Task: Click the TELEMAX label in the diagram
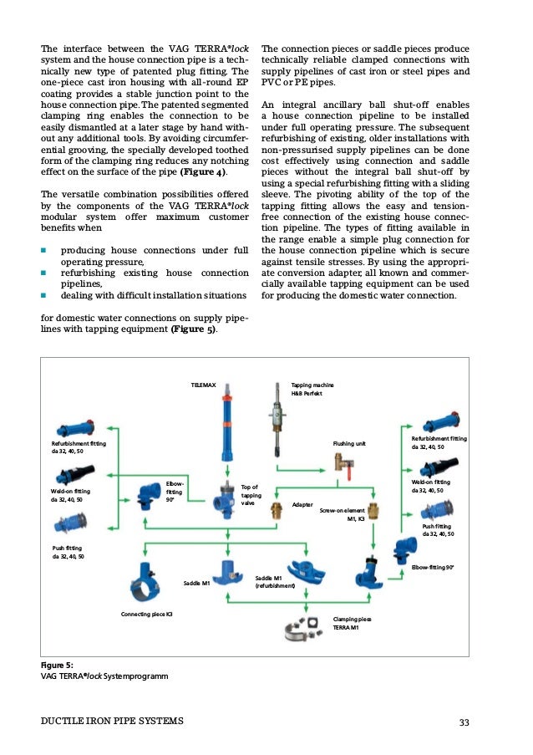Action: point(204,385)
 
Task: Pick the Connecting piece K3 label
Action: point(147,615)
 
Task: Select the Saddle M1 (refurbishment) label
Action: point(276,582)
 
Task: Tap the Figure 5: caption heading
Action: point(58,665)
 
